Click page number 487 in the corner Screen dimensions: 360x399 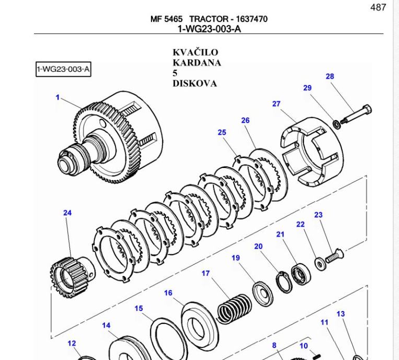[378, 7]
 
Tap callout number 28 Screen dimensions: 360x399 [330, 77]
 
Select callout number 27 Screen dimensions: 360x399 [276, 104]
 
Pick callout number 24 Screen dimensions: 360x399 [67, 213]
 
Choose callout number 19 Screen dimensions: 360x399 [236, 258]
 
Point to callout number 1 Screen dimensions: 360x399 [57, 97]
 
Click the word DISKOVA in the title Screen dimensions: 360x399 [194, 83]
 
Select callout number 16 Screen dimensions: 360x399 [168, 293]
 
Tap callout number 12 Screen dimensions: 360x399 [72, 343]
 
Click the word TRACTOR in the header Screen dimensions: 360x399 [208, 19]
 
